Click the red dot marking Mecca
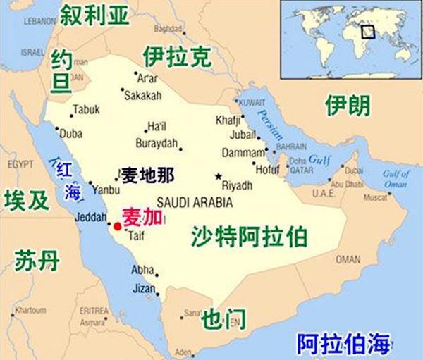coord(117,227)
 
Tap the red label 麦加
coord(144,217)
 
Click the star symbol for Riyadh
coord(219,176)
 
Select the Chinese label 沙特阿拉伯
coord(249,236)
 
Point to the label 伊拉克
coord(176,57)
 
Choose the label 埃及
coord(26,200)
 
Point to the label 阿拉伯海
coord(343,345)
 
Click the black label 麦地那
coord(147,174)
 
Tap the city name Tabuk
coord(87,110)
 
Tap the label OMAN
coord(347,259)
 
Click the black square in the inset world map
coord(367,31)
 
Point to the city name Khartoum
coord(30,310)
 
